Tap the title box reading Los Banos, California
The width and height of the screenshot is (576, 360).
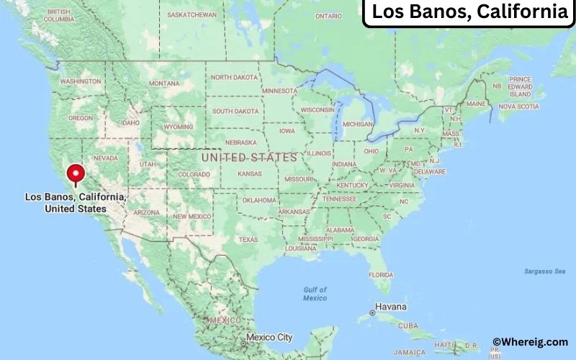click(x=468, y=13)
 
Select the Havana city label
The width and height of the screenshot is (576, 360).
click(x=392, y=307)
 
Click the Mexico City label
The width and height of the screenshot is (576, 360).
click(x=269, y=337)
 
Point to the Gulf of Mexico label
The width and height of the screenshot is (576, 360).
click(x=315, y=294)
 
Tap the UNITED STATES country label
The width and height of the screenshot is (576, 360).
click(x=249, y=157)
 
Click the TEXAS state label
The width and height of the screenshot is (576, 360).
click(x=248, y=240)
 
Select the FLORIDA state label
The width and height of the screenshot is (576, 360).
click(x=380, y=275)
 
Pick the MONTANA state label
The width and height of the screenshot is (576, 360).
click(x=163, y=84)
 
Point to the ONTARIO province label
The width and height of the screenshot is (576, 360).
click(x=328, y=16)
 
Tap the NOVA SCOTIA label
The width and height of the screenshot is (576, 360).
click(x=518, y=107)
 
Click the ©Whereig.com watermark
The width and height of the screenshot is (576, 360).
click(x=531, y=342)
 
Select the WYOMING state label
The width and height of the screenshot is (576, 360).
click(x=179, y=127)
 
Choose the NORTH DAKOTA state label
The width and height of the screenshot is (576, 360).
click(x=234, y=78)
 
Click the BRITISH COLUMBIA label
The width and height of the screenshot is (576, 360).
click(x=58, y=16)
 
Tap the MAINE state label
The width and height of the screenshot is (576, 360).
click(x=476, y=104)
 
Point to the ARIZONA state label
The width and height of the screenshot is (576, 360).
click(x=147, y=212)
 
